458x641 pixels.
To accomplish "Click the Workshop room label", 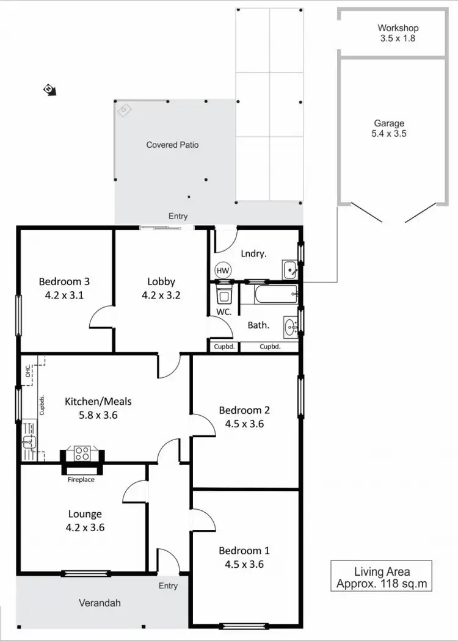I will coord(398,28).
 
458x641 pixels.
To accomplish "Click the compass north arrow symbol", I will coord(49,90).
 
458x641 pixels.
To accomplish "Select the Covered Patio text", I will coord(172,145).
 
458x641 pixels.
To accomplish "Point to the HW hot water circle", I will coord(222,270).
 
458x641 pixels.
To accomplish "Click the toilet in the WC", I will coord(224,295).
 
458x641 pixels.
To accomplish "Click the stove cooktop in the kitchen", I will coord(82,453).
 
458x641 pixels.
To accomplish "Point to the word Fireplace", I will coord(81,479).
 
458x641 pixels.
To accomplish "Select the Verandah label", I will coord(100,603).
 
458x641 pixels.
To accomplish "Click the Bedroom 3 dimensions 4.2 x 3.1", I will coord(64,294).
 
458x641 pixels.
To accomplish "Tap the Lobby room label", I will coord(161,281).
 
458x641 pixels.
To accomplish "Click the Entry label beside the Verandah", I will coord(168,585).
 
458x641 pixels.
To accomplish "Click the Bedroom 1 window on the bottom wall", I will coord(244,625).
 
